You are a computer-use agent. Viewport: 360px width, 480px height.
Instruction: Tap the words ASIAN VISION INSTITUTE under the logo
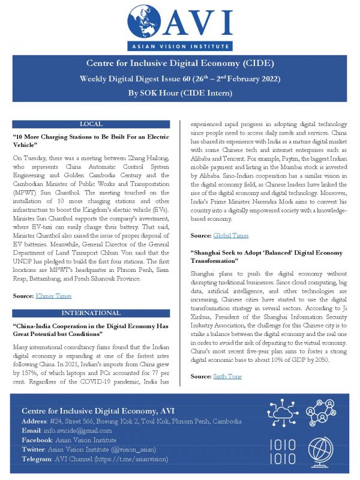[180, 47]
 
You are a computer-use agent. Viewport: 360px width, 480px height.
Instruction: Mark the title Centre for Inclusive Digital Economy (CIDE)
[180, 64]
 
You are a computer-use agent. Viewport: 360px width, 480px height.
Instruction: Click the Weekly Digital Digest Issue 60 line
[180, 79]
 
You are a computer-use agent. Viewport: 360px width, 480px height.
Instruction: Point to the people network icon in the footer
[321, 413]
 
